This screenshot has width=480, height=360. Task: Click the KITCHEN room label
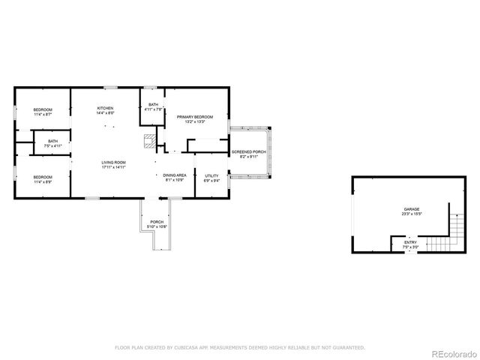point(105,109)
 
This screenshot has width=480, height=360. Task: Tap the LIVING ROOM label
point(114,163)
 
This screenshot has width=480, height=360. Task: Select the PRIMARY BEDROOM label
point(195,117)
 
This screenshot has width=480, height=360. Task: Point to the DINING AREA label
point(174,175)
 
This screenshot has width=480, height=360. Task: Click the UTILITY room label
point(211,175)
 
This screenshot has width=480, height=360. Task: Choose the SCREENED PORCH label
point(248,152)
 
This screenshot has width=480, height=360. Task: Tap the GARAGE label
point(411,209)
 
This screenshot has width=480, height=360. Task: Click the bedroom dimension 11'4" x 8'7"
point(42,115)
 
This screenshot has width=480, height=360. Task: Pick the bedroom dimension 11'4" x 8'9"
point(42,182)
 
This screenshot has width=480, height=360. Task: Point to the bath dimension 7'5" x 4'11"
point(52,145)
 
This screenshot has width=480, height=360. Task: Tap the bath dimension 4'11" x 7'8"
point(153,110)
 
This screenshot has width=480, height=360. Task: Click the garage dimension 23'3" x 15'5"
point(411,214)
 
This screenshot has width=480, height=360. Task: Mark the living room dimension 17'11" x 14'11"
point(114,168)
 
